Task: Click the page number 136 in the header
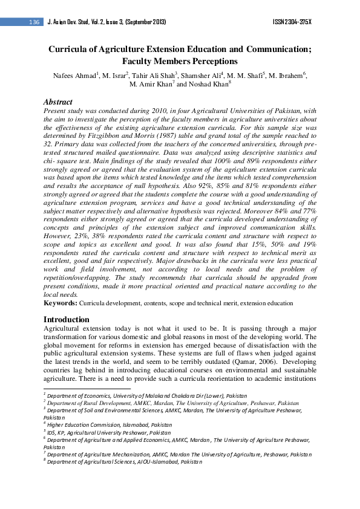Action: (x=33, y=22)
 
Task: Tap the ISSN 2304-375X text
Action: (x=292, y=22)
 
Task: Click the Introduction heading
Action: (x=67, y=319)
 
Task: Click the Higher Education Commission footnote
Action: (x=103, y=425)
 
